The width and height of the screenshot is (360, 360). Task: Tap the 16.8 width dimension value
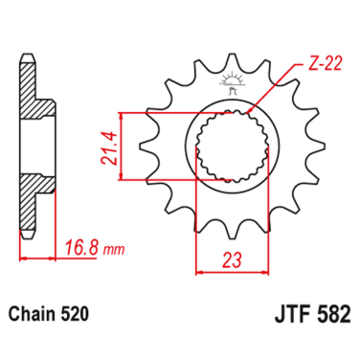[82, 249]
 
